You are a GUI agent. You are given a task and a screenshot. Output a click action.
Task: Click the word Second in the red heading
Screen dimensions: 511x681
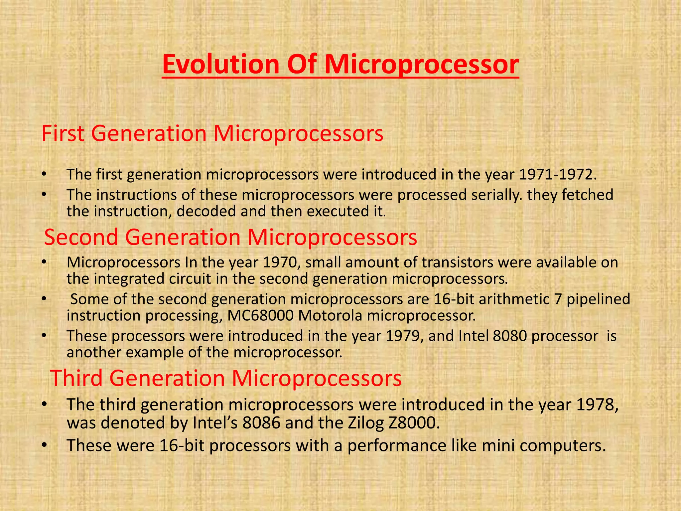point(81,237)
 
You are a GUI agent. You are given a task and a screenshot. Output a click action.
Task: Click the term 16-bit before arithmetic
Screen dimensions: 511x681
point(454,299)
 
